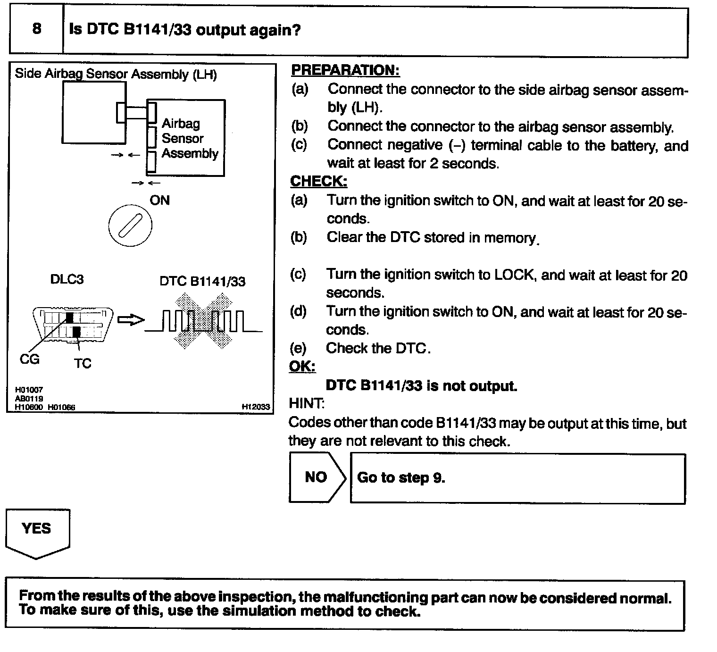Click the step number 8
[36, 29]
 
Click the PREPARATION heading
[345, 70]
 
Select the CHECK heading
[318, 181]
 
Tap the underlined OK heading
[302, 367]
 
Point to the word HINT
[306, 404]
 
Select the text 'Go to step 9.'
[401, 478]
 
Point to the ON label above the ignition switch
[159, 201]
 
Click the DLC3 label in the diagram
[67, 280]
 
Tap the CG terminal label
[29, 360]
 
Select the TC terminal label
[82, 364]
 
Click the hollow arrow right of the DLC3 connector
[130, 320]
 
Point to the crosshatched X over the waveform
[203, 321]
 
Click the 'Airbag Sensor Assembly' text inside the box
[189, 139]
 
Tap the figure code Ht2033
[255, 406]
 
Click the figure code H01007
[29, 390]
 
